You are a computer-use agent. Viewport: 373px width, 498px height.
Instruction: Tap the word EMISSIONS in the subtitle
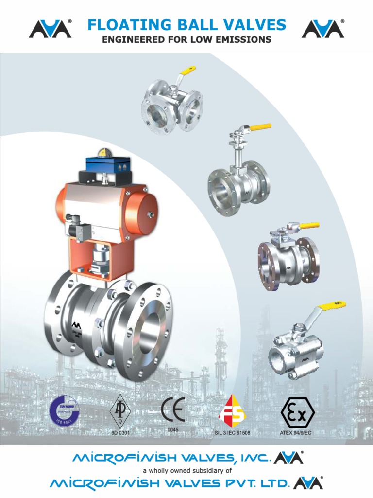tap(244, 40)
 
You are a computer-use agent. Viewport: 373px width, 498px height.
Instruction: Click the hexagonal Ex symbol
tap(298, 412)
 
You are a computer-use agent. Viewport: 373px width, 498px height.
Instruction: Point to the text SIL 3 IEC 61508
tap(232, 432)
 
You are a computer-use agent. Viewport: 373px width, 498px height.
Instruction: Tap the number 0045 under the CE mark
tap(173, 429)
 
